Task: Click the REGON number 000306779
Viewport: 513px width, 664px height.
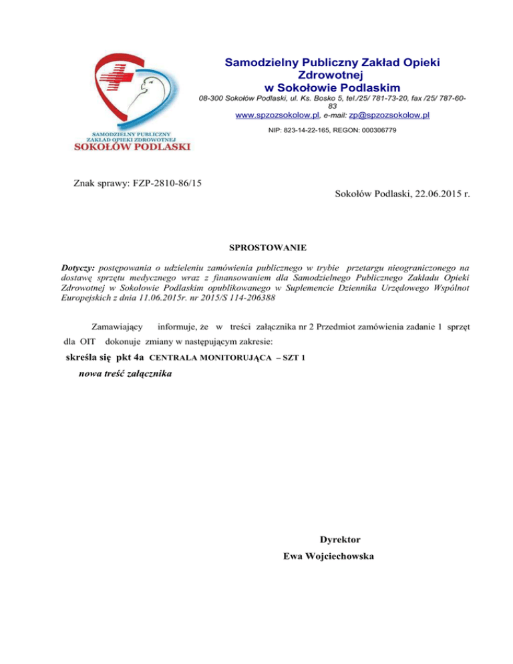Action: click(x=374, y=130)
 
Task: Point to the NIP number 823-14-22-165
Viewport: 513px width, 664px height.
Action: click(x=309, y=130)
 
